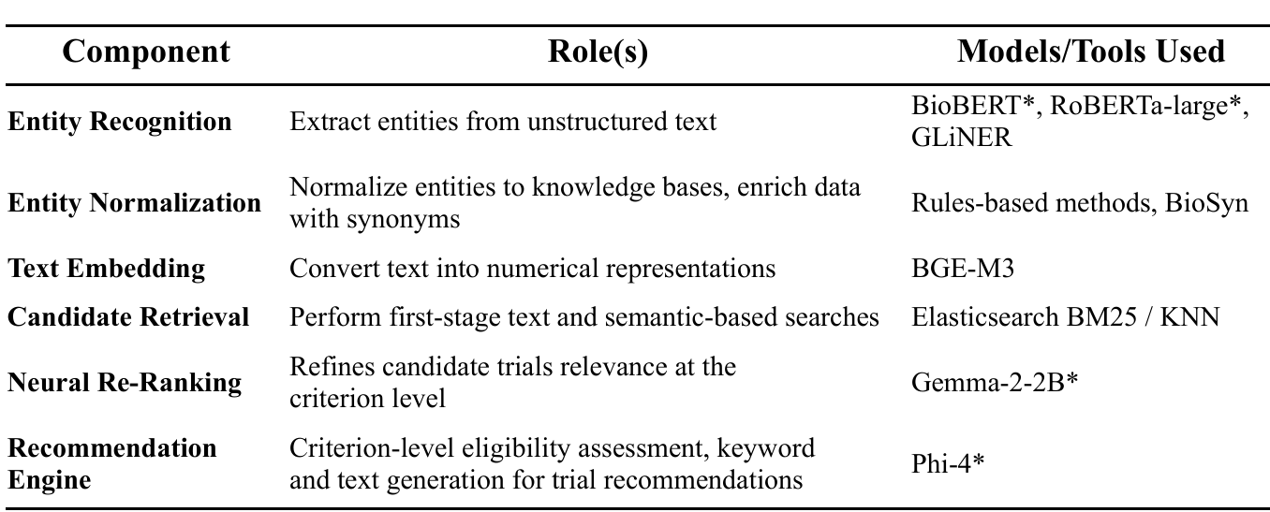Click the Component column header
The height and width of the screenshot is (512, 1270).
pos(146,51)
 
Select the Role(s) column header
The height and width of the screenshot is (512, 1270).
pos(597,51)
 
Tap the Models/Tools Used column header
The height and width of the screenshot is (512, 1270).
pos(1090,51)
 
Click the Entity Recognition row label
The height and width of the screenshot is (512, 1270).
pos(120,122)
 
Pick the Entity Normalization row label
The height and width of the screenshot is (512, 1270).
pos(135,203)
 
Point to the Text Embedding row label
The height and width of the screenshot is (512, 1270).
pos(106,269)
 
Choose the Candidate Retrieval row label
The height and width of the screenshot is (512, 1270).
pos(128,317)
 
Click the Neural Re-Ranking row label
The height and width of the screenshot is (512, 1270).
pos(125,382)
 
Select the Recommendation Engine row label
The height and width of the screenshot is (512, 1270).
pos(111,463)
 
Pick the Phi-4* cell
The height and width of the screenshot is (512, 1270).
pos(946,464)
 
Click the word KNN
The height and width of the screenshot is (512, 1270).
pos(1189,317)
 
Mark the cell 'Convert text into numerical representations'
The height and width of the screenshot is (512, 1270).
pos(532,270)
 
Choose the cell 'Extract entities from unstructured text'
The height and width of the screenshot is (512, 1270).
pos(503,122)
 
